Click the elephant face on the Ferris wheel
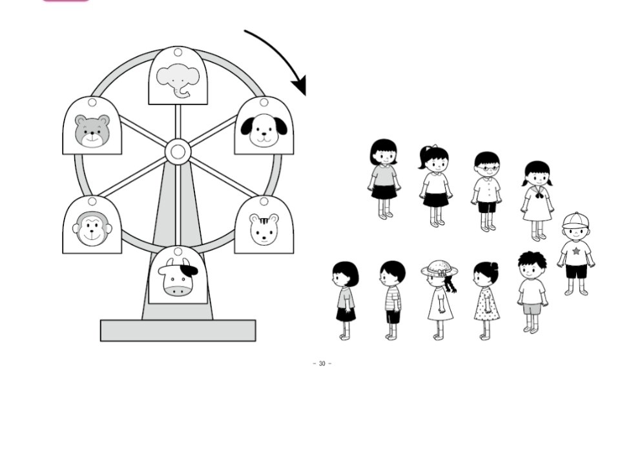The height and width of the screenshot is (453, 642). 178,81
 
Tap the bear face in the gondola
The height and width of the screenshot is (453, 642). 92,131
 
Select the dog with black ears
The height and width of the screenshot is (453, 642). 264,130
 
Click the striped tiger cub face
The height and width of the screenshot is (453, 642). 264,230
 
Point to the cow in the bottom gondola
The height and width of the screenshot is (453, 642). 178,279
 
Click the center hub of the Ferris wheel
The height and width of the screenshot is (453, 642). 178,153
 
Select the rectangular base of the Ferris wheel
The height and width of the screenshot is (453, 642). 178,330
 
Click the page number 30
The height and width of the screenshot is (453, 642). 322,364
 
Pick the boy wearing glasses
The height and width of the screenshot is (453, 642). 486,190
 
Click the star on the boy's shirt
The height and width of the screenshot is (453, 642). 575,250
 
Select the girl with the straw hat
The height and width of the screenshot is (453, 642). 439,298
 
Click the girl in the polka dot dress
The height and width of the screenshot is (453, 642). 486,299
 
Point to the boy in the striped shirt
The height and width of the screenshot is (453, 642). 392,298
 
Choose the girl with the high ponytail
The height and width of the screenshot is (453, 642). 435,185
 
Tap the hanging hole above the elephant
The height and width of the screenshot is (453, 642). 178,52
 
